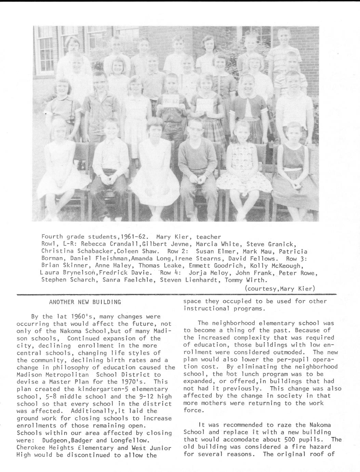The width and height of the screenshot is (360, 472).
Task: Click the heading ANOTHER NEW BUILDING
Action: [x=85, y=302]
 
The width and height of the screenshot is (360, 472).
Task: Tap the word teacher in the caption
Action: [x=209, y=237]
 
